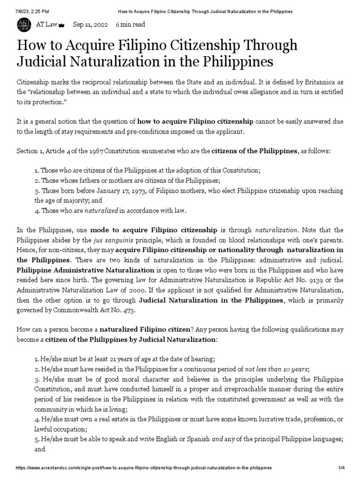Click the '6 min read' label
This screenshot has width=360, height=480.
coord(130,24)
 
